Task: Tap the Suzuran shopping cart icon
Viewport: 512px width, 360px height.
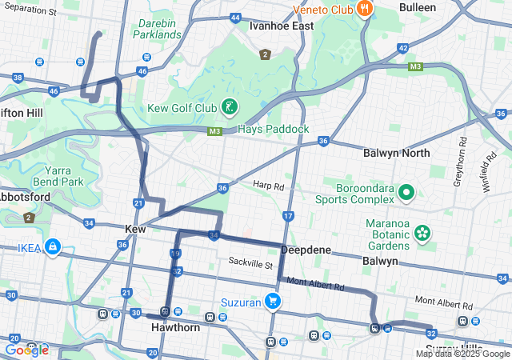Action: [273, 302]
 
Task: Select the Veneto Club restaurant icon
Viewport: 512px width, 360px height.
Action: [365, 9]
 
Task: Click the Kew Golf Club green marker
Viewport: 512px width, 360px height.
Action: [229, 107]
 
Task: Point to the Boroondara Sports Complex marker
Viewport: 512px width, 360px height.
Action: [406, 192]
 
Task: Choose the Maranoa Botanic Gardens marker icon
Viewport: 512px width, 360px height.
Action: [422, 234]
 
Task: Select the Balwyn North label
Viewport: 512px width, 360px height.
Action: [396, 153]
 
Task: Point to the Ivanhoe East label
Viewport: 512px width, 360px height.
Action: [281, 26]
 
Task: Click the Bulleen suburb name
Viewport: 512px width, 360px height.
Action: [417, 7]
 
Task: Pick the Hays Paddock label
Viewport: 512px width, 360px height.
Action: [274, 129]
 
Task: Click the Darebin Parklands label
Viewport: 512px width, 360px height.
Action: [158, 29]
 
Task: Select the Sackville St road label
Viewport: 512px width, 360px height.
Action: [250, 262]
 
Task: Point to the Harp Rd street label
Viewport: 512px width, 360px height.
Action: [269, 186]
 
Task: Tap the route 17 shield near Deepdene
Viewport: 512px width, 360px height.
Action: [288, 217]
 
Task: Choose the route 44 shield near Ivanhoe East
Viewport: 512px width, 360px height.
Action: [234, 17]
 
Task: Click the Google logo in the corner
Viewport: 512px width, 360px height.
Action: [26, 350]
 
